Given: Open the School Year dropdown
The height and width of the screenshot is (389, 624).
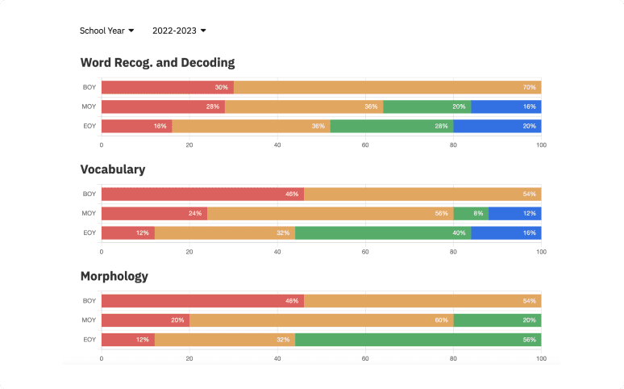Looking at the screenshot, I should (106, 31).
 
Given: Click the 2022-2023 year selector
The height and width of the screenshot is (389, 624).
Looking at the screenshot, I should (179, 31).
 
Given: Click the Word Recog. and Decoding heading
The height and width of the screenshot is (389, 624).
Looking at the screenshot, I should (157, 62).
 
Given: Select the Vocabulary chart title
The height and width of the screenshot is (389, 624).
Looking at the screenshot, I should (113, 169).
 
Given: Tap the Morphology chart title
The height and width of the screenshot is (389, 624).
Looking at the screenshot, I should (114, 276).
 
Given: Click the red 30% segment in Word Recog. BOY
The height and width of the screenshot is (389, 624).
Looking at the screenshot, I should (167, 87).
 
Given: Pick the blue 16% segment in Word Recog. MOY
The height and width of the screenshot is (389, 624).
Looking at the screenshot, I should (505, 107).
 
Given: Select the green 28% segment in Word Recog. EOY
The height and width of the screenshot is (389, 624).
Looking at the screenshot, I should (392, 126).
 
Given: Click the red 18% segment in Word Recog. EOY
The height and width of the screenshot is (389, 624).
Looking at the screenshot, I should (136, 126).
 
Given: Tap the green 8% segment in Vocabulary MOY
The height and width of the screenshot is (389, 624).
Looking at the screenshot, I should (471, 214).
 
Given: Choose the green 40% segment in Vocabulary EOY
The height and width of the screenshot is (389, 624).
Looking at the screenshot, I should (383, 233).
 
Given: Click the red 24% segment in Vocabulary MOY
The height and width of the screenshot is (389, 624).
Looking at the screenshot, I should (154, 214).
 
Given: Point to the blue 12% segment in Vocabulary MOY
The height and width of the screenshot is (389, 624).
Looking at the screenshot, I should (514, 214).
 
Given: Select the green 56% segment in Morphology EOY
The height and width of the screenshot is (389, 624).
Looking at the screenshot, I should (418, 340).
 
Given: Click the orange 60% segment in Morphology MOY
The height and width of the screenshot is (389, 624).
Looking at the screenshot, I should (321, 320).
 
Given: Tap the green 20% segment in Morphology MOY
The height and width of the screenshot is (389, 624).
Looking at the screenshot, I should (497, 320).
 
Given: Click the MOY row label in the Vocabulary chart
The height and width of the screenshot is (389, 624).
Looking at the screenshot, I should (89, 214).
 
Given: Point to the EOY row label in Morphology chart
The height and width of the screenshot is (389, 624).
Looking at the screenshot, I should (89, 340).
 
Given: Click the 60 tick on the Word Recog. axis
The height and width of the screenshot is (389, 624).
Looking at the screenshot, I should (365, 144).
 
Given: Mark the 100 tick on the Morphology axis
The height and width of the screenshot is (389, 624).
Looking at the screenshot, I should (541, 358).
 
